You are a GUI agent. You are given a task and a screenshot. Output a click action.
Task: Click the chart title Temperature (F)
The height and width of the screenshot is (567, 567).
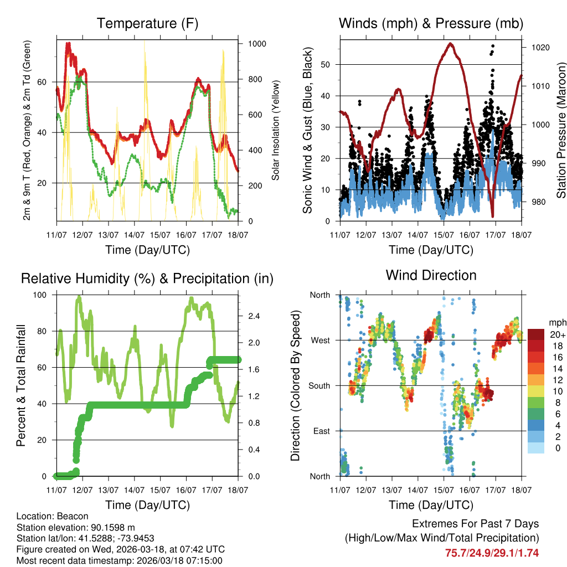pos(147,24)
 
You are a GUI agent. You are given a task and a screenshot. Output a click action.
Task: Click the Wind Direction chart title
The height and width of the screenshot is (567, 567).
pos(431,275)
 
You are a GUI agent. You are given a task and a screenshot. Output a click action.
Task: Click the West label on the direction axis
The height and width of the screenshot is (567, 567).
pos(319,340)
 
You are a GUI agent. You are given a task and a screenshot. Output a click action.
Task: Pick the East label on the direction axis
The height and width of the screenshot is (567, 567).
pos(321,431)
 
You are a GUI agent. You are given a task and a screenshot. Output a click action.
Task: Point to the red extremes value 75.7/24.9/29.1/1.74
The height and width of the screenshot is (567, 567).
pos(492,553)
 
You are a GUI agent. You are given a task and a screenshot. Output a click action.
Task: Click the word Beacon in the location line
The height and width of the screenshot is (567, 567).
pos(65,516)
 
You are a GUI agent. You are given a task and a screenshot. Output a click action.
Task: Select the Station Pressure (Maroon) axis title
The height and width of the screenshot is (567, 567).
pos(560,131)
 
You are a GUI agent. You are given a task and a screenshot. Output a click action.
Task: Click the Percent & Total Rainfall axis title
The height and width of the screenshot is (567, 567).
pos(21,385)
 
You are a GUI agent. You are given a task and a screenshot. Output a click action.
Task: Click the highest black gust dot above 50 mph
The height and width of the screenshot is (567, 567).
pos(493,46)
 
